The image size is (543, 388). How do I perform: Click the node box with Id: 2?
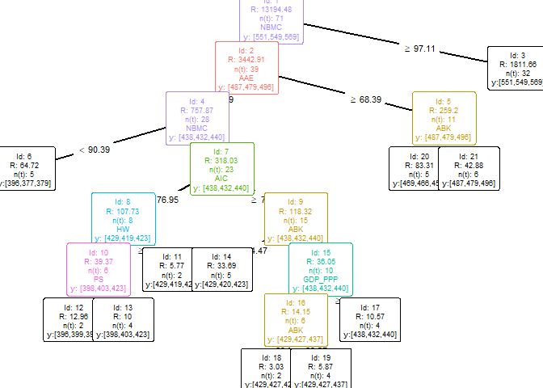[246, 68]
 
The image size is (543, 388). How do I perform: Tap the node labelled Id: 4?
[196, 117]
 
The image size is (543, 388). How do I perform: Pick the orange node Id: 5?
[444, 117]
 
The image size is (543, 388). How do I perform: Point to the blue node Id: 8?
[123, 218]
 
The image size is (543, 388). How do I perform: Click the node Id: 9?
[296, 218]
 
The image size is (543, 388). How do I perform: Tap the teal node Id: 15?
[321, 269]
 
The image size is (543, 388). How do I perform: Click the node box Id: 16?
[296, 319]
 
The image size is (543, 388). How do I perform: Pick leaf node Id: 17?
[370, 319]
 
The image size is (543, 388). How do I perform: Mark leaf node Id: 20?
[419, 168]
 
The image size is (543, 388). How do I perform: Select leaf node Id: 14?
[221, 269]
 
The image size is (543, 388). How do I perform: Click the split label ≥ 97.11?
[419, 48]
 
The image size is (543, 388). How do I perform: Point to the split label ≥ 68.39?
[365, 99]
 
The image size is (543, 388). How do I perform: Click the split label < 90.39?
[95, 150]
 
